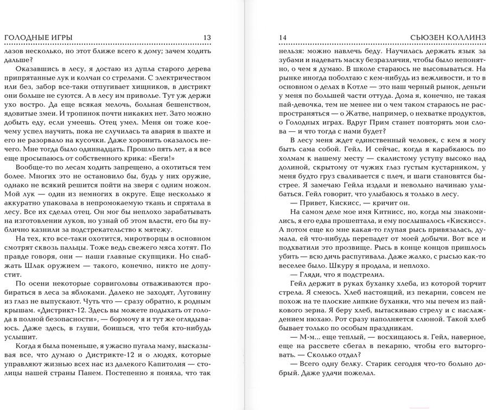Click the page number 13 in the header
(x=207, y=37)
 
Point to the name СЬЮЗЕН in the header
(x=426, y=37)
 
